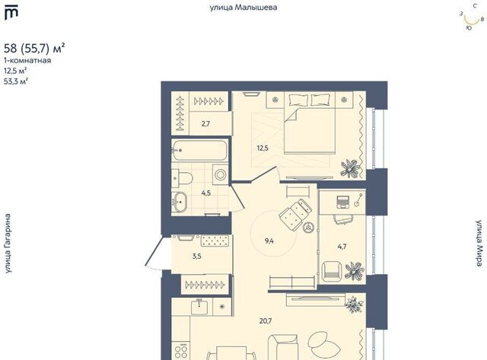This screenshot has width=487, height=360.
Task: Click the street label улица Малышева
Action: tap(243, 8)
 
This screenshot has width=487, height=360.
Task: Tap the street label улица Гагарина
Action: tap(8, 244)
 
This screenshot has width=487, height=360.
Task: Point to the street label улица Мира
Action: tap(480, 244)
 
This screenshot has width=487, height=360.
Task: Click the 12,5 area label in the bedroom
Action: tap(263, 148)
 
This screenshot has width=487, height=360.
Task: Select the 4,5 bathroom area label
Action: tap(206, 193)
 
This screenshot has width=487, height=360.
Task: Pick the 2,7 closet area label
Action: tap(205, 123)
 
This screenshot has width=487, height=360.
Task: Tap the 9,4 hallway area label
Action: tap(269, 241)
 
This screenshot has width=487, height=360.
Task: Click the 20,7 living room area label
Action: tap(266, 320)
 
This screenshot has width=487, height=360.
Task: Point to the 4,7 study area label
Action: tap(342, 247)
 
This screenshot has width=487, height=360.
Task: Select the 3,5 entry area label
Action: tap(196, 256)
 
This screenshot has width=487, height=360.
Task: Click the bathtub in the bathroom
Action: tap(200, 151)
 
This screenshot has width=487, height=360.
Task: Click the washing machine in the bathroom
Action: tap(221, 174)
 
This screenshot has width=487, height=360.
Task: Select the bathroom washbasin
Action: tap(180, 202)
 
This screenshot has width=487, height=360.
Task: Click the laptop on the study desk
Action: tap(343, 202)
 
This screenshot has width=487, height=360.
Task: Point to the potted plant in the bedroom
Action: tap(350, 168)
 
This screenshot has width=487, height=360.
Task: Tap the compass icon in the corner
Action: tap(472, 18)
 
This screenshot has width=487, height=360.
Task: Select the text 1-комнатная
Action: tap(27, 60)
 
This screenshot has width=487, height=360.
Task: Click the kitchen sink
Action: tap(199, 307)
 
